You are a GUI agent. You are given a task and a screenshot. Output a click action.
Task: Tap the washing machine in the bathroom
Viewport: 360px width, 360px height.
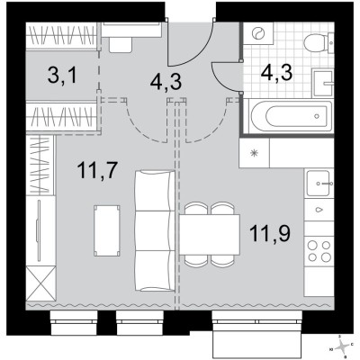coord(261,39)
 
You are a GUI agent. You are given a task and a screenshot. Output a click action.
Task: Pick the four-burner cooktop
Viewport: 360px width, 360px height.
coord(318,249)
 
